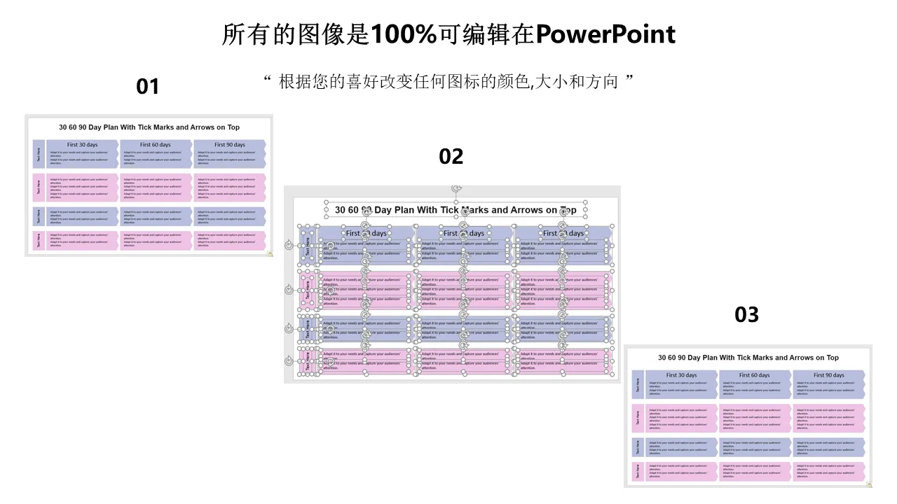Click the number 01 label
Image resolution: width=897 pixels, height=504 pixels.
(148, 87)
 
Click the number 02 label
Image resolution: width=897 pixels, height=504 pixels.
(451, 157)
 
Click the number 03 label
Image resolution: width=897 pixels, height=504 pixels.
(746, 315)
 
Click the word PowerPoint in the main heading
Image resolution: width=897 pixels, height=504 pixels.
(605, 34)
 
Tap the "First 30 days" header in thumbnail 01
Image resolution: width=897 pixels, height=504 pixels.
(83, 145)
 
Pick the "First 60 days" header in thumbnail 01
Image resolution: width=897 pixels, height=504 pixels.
(156, 145)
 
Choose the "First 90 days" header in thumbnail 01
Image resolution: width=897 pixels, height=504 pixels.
(230, 145)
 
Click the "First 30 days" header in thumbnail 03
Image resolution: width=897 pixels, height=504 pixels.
(681, 375)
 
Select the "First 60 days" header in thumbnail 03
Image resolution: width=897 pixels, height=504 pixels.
(755, 375)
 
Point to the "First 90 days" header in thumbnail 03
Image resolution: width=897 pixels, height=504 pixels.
(829, 375)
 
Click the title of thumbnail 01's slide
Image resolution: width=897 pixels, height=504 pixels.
(149, 127)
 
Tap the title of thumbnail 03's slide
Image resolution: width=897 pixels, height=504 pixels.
(748, 358)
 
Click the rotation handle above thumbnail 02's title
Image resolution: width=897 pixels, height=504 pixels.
(456, 189)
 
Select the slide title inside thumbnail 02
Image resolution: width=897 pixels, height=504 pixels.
(456, 210)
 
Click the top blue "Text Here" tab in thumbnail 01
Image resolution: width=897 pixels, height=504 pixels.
(39, 153)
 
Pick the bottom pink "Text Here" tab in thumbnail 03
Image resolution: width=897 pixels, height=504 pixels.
(638, 471)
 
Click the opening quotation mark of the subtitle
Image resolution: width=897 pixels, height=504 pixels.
(268, 80)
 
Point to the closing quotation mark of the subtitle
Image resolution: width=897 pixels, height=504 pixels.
(629, 80)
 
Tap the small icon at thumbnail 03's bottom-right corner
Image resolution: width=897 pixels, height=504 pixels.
(869, 484)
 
